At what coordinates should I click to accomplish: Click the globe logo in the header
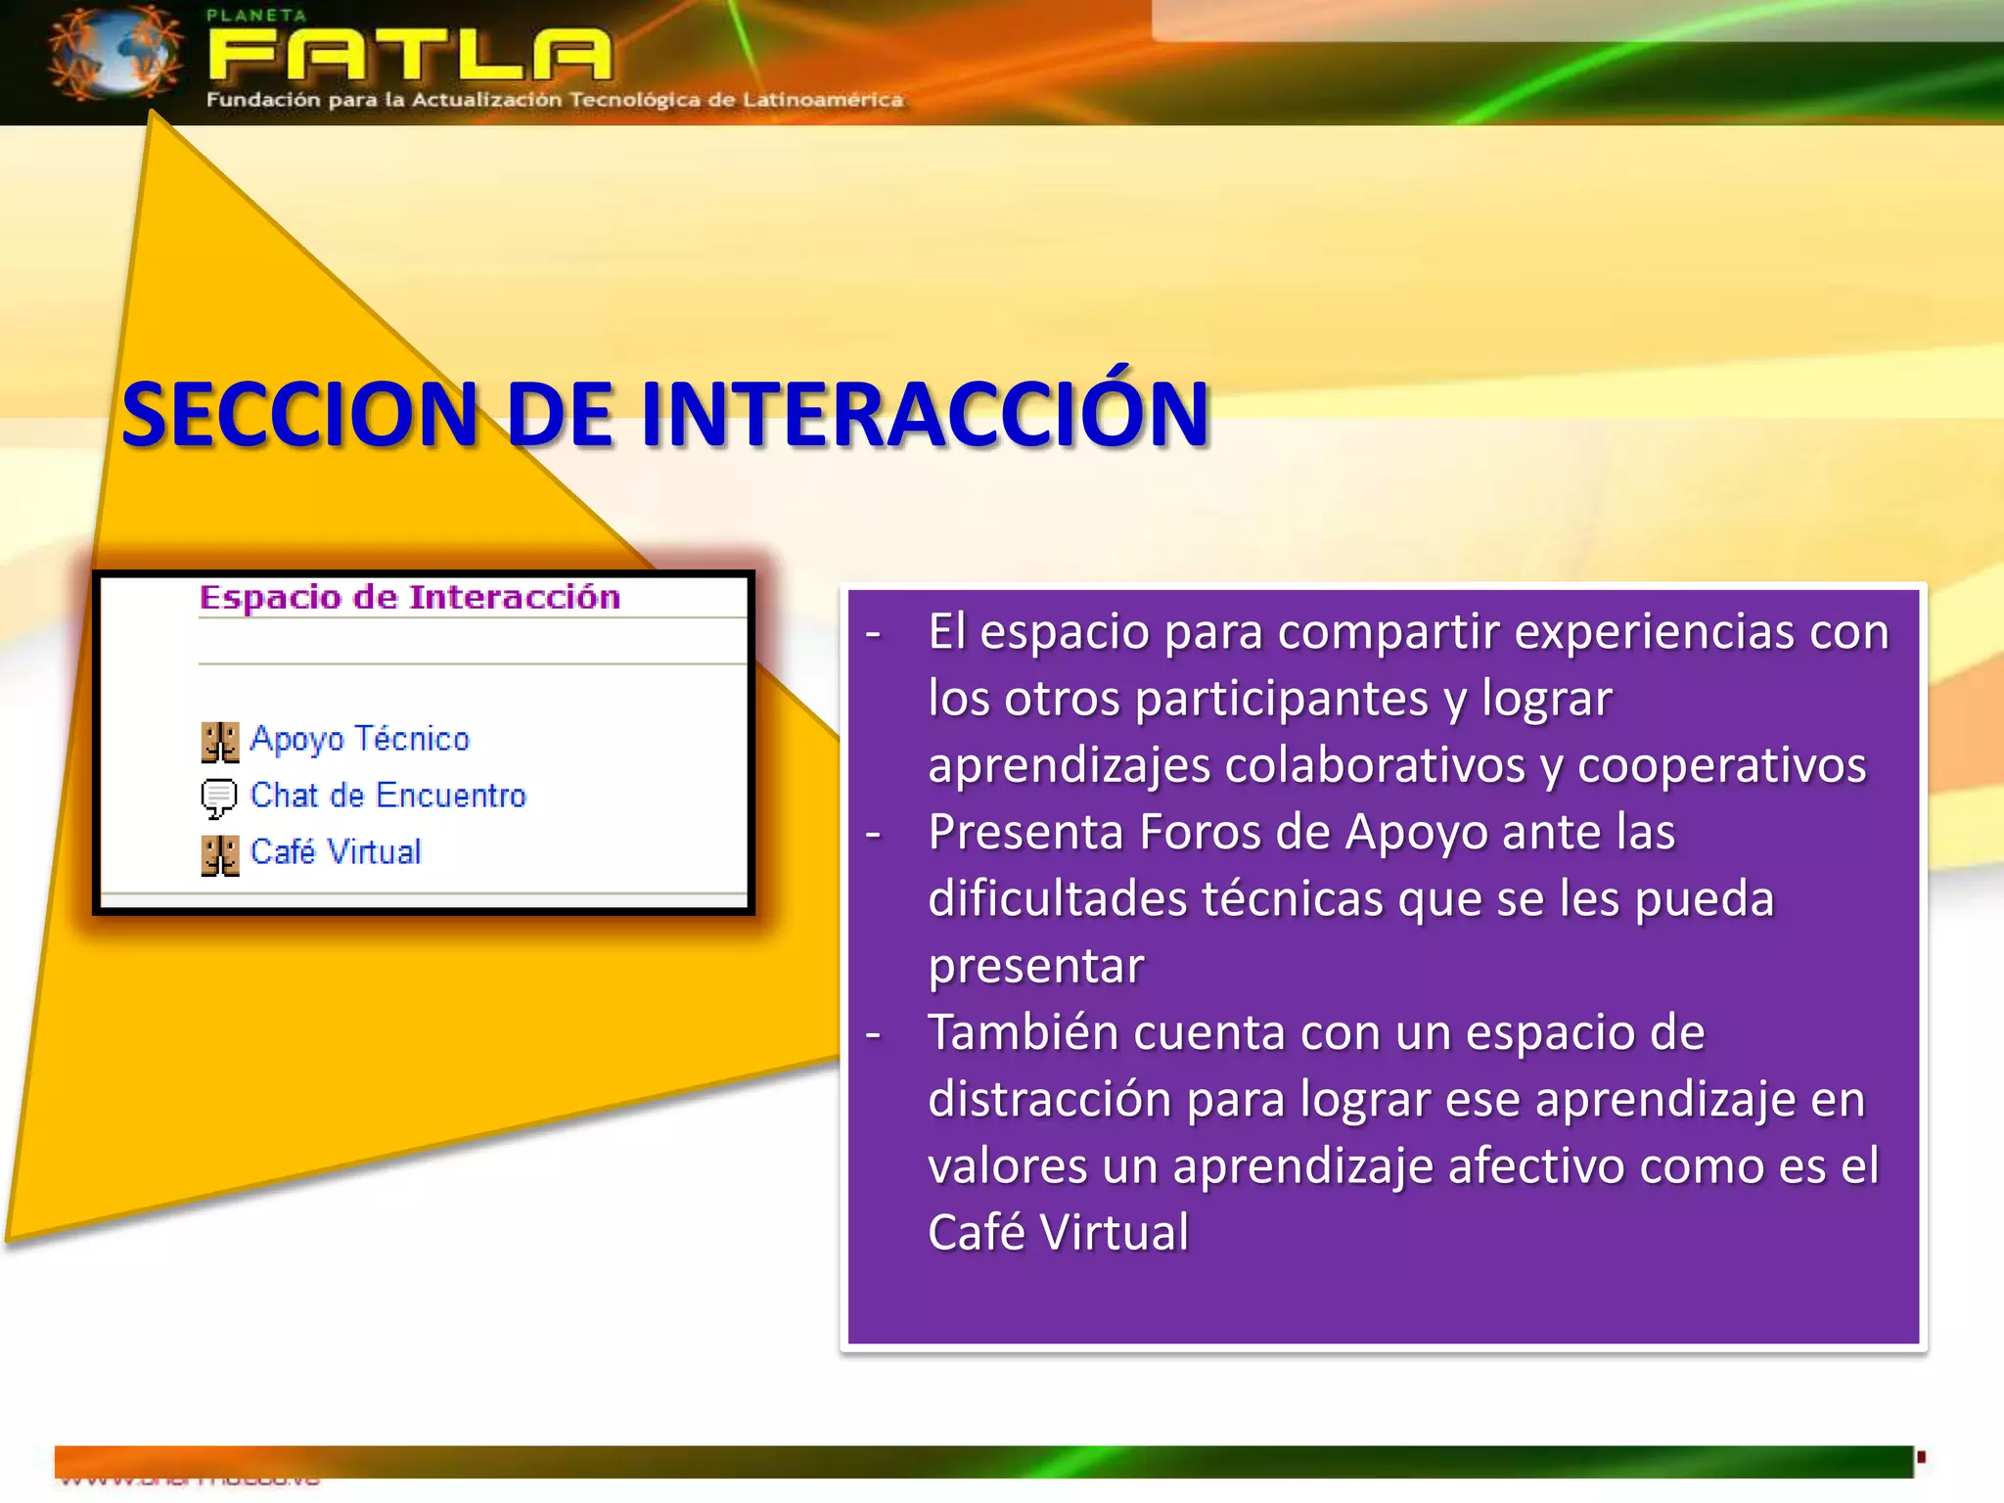click(x=115, y=54)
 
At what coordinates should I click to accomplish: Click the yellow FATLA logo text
click(x=409, y=56)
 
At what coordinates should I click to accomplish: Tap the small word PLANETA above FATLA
click(x=256, y=15)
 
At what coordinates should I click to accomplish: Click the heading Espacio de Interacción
click(x=409, y=597)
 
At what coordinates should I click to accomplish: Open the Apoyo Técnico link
click(x=359, y=739)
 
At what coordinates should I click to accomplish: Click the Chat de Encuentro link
click(x=387, y=796)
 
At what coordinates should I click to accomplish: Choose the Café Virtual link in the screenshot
click(x=336, y=852)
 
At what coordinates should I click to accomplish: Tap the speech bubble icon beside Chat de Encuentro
click(x=218, y=797)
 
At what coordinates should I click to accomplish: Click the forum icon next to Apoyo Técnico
click(x=219, y=742)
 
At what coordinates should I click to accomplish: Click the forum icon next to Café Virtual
click(x=219, y=855)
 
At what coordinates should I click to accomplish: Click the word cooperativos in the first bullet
click(x=1721, y=765)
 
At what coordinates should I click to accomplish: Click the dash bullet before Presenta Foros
click(x=874, y=835)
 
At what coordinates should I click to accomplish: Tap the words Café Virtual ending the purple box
click(x=1058, y=1233)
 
